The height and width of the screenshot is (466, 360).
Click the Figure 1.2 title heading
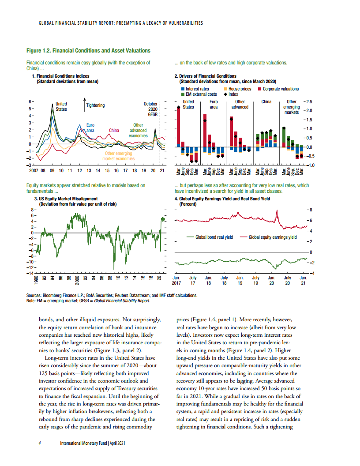(x=88, y=51)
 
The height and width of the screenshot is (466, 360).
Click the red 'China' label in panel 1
(x=114, y=131)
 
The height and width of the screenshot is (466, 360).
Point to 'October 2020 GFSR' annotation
(x=150, y=109)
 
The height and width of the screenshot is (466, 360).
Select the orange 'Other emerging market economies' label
(x=118, y=156)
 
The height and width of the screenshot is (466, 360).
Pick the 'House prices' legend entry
(x=238, y=89)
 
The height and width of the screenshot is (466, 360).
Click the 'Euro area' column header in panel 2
(x=214, y=104)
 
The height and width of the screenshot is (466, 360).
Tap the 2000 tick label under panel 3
(x=77, y=280)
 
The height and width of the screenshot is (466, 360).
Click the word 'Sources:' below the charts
(x=35, y=296)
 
